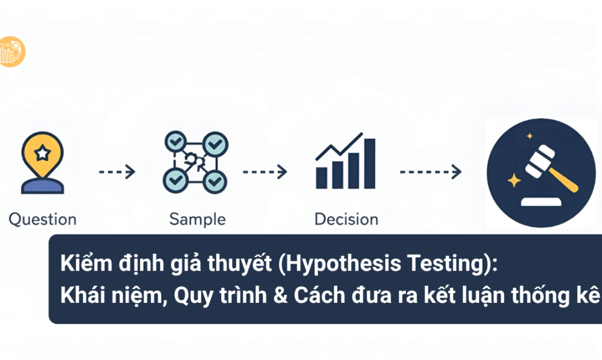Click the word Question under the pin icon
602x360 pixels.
point(42,220)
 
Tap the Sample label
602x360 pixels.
point(197,220)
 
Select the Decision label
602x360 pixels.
point(346,220)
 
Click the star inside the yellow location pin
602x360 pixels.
point(43,153)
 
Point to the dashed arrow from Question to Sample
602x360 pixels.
point(117,172)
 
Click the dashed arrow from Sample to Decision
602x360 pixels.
point(264,172)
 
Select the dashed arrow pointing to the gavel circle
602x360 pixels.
point(430,172)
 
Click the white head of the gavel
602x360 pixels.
point(541,158)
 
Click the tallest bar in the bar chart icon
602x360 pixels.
point(369,164)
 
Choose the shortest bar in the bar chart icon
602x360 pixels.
point(322,177)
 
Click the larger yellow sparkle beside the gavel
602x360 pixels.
point(513,180)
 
